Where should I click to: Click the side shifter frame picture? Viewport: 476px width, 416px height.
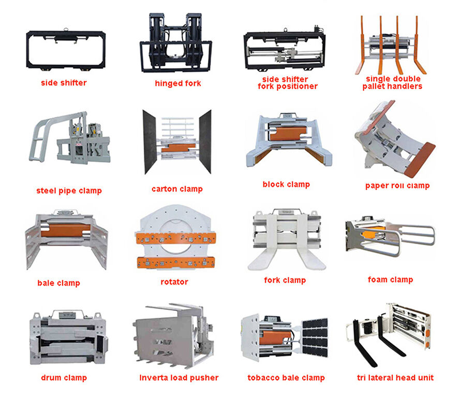coord(65,51)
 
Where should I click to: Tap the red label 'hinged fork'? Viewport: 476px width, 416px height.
coord(178,83)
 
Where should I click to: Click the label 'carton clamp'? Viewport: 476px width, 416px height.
coord(177,189)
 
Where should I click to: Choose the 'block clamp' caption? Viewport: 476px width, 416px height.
coord(286,184)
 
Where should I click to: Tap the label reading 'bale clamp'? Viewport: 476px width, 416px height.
coord(58,283)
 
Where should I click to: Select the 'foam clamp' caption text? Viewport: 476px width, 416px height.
coord(391,279)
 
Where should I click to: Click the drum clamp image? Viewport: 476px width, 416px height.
coord(67,337)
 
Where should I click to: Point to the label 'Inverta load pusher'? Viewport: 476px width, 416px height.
coord(179,378)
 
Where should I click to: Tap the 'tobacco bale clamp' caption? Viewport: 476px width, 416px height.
coord(286,378)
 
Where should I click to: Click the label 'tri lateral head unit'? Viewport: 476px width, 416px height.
coord(395,377)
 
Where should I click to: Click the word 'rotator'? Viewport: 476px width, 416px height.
coord(174,282)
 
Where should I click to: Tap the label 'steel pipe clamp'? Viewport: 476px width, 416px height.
coord(69,190)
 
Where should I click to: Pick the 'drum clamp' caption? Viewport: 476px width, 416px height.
coord(64,378)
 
